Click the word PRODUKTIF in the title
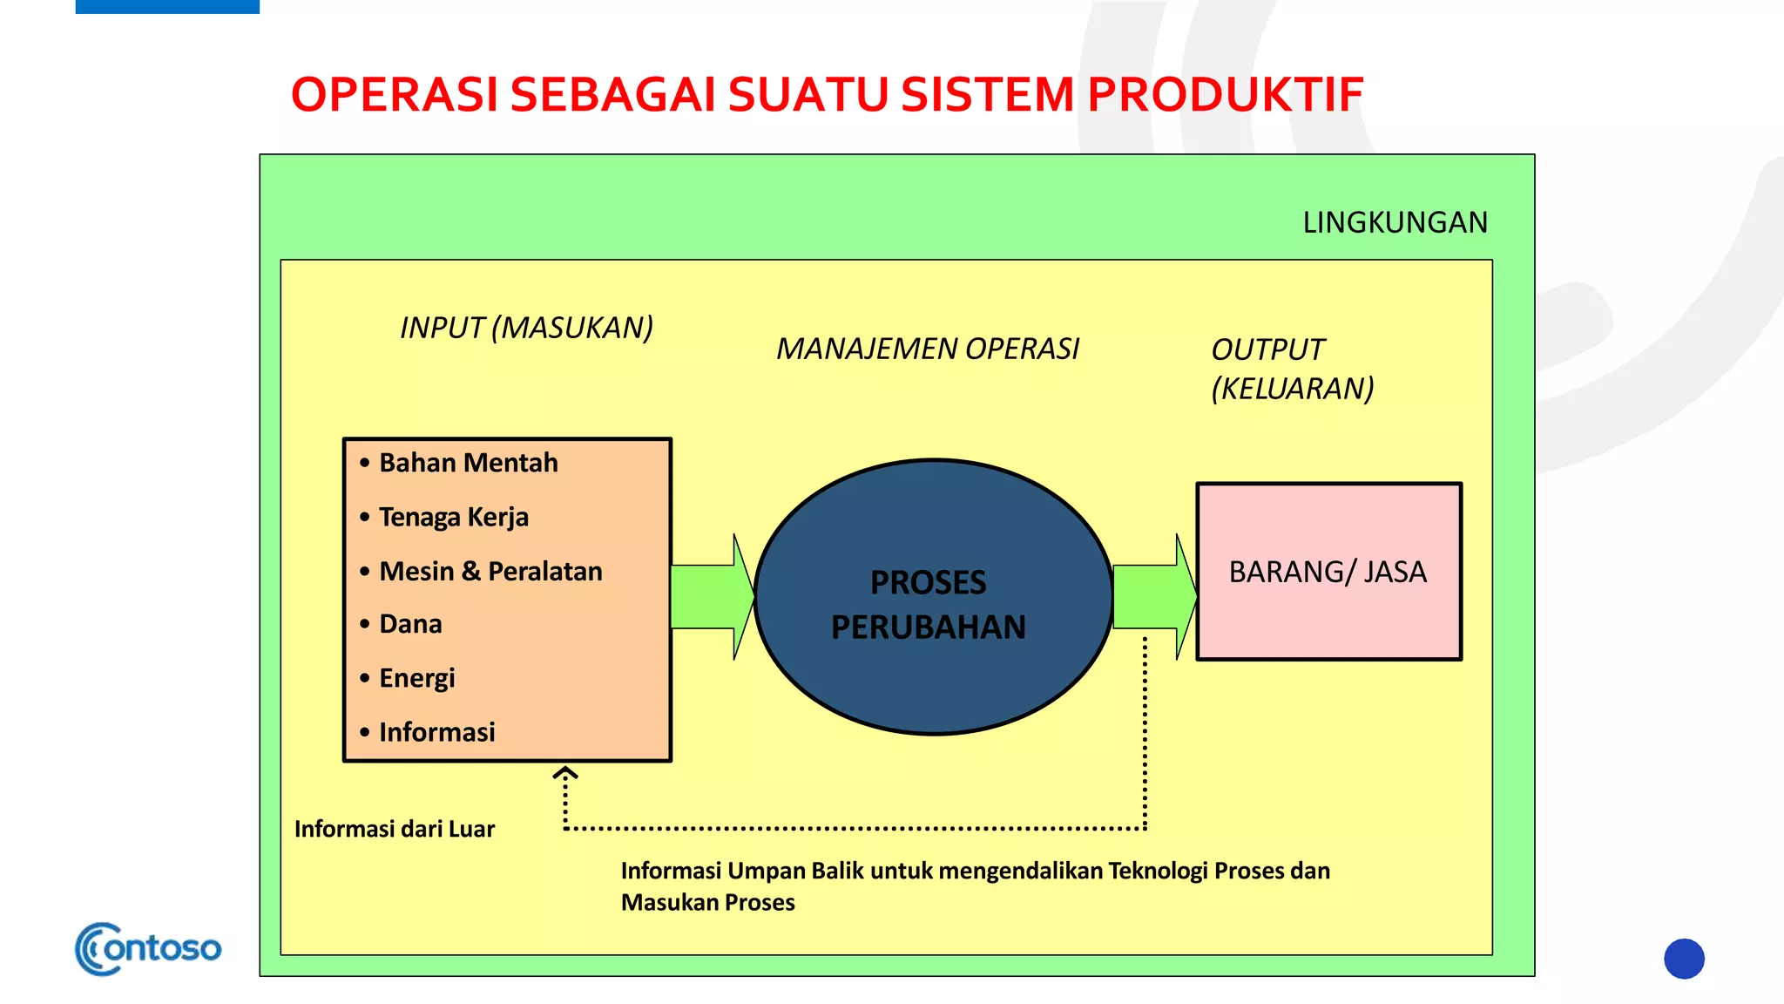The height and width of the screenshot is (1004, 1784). pyautogui.click(x=1225, y=95)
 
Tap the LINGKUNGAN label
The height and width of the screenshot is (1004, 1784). pyautogui.click(x=1395, y=223)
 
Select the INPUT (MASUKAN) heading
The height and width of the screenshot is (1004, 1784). pyautogui.click(x=526, y=328)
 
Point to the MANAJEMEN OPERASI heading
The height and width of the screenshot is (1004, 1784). pyautogui.click(x=928, y=349)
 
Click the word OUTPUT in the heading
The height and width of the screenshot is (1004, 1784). pyautogui.click(x=1267, y=349)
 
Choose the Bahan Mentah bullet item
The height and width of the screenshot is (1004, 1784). pyautogui.click(x=468, y=463)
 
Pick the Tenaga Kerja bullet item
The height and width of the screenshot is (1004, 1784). pyautogui.click(x=453, y=517)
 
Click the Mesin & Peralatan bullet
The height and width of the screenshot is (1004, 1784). pyautogui.click(x=490, y=572)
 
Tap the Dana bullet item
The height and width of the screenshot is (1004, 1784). pyautogui.click(x=410, y=624)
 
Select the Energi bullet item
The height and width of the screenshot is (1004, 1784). pyautogui.click(x=416, y=678)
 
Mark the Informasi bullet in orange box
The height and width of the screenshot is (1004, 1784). pyautogui.click(x=436, y=732)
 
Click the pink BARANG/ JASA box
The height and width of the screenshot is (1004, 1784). pyautogui.click(x=1328, y=573)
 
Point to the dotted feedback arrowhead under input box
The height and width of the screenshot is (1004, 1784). pyautogui.click(x=565, y=773)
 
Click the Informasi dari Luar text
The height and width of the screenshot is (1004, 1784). pyautogui.click(x=394, y=829)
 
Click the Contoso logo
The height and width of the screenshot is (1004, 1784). pyautogui.click(x=148, y=948)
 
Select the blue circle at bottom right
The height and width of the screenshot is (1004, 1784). pyautogui.click(x=1683, y=959)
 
